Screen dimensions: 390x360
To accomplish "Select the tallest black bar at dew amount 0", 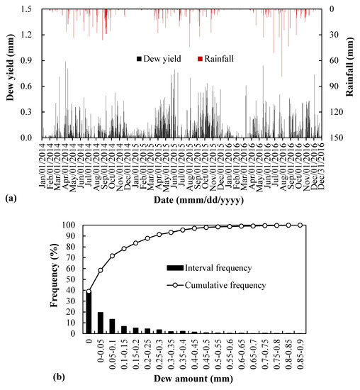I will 89,312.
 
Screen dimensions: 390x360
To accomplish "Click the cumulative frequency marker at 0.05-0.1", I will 113,255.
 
